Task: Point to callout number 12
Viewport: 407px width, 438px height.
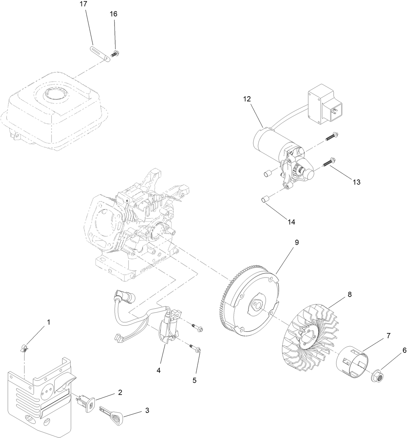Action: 247,99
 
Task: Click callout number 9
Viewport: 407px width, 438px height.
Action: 297,242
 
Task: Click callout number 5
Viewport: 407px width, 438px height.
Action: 194,380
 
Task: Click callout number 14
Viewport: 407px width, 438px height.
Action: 291,222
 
